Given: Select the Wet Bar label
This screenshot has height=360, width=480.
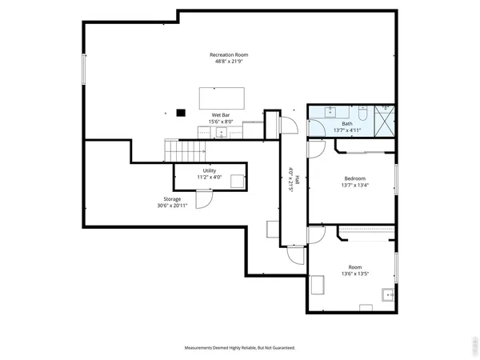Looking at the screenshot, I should [222, 115].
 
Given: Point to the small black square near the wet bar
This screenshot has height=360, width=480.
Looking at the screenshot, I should [181, 113].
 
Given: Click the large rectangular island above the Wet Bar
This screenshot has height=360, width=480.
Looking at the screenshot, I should [221, 97].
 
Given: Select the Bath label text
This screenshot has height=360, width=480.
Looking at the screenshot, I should [347, 124].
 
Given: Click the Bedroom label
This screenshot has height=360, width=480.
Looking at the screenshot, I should [355, 178].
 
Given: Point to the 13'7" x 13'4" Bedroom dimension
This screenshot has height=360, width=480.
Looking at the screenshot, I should [355, 186].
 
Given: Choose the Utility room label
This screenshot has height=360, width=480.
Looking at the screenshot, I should [209, 170].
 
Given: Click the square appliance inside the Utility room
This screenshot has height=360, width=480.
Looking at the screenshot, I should [237, 181].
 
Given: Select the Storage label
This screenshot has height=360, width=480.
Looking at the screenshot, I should [173, 198].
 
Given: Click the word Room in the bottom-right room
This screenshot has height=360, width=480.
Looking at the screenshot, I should [354, 266].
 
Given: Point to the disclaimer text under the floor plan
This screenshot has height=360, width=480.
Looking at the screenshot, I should [240, 348].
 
